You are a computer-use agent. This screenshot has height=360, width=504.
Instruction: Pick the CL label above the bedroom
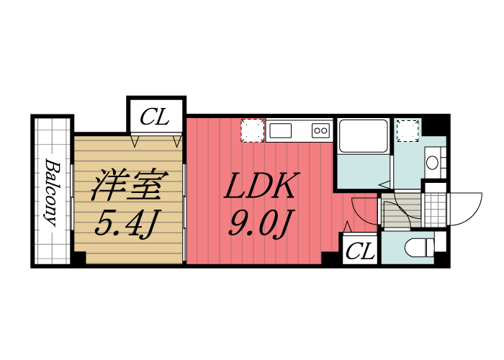click(156, 117)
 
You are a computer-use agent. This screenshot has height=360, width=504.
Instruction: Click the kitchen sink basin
click(281, 131)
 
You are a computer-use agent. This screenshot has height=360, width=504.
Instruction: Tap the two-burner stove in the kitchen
click(320, 130)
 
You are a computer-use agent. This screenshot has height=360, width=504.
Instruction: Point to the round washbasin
click(433, 163)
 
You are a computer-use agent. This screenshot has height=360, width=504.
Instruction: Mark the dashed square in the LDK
click(252, 130)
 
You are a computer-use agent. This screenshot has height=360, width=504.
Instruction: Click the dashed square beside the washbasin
click(408, 130)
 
